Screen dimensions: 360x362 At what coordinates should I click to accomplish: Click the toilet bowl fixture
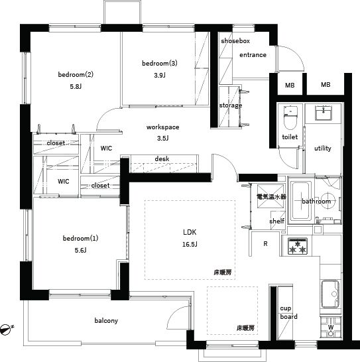[290, 118]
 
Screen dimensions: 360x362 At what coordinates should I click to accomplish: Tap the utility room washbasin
[324, 113]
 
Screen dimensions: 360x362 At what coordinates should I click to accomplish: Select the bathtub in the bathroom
[301, 201]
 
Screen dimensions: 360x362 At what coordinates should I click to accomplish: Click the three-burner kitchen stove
[298, 246]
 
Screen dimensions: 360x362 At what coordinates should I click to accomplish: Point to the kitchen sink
[330, 294]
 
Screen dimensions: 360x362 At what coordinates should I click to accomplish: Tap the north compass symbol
[6, 330]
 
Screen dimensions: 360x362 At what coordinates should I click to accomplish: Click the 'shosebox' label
[235, 41]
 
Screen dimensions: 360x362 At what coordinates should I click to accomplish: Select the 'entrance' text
[253, 55]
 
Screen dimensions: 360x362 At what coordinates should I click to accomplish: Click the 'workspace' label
[163, 127]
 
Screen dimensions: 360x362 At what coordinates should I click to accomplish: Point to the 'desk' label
[162, 158]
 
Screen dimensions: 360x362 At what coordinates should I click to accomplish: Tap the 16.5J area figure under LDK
[190, 244]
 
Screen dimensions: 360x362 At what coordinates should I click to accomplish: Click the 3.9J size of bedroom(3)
[160, 76]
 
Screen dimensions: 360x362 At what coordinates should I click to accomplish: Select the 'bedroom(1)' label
[81, 238]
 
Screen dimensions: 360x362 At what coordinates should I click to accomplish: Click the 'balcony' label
[106, 321]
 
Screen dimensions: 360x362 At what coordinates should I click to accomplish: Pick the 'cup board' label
[288, 312]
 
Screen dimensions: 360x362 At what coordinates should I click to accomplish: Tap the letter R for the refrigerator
[265, 243]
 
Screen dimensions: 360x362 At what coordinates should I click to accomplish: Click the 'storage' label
[231, 105]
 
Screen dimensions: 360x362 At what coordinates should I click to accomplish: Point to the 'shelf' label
[276, 221]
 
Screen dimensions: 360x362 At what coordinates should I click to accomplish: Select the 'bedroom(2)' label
[76, 74]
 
